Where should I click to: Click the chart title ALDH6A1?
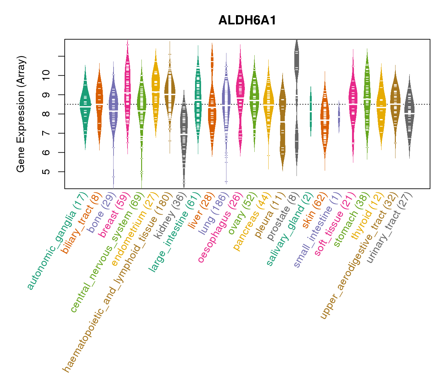pos(247,21)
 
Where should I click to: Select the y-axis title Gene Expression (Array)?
pos(21,114)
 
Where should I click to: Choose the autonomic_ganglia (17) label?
pos(57,241)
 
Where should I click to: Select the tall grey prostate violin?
pos(297,95)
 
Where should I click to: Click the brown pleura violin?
pos(282,123)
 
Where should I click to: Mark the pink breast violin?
pos(127,95)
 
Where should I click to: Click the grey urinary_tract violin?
pos(409,114)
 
